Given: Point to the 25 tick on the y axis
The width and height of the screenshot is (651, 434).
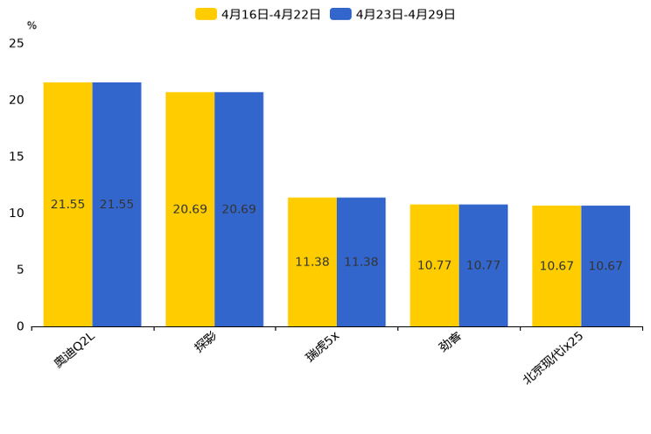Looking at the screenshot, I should (17, 44).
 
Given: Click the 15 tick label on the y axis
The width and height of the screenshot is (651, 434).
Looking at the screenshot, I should (17, 157).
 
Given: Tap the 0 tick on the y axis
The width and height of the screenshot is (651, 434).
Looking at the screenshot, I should (20, 326).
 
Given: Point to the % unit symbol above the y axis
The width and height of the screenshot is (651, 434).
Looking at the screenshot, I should (31, 26).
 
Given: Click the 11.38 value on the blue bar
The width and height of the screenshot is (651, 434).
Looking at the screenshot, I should (361, 262).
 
